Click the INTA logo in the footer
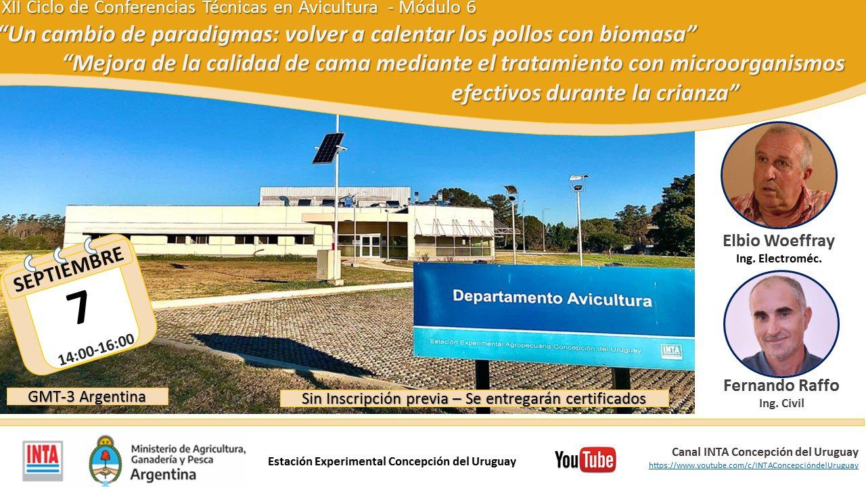coord(43,461)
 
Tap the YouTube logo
coord(585,460)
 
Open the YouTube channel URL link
coord(753,465)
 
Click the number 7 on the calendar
coord(77,307)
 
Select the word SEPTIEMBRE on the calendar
coord(68,269)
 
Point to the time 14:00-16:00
coord(96,350)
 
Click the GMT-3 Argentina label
coord(87,396)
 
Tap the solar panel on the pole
coord(328,148)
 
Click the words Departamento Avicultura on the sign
coord(552,298)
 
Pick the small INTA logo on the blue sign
coord(671,351)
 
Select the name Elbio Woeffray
coord(779,241)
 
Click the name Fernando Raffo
coord(781,386)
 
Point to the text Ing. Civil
coord(781,403)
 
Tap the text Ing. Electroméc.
coord(779,258)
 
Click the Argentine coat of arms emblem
coord(105,461)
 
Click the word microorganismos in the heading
coord(757,64)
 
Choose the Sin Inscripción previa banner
coord(474,398)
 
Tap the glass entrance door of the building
coord(370,246)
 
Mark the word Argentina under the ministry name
coord(163,474)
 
